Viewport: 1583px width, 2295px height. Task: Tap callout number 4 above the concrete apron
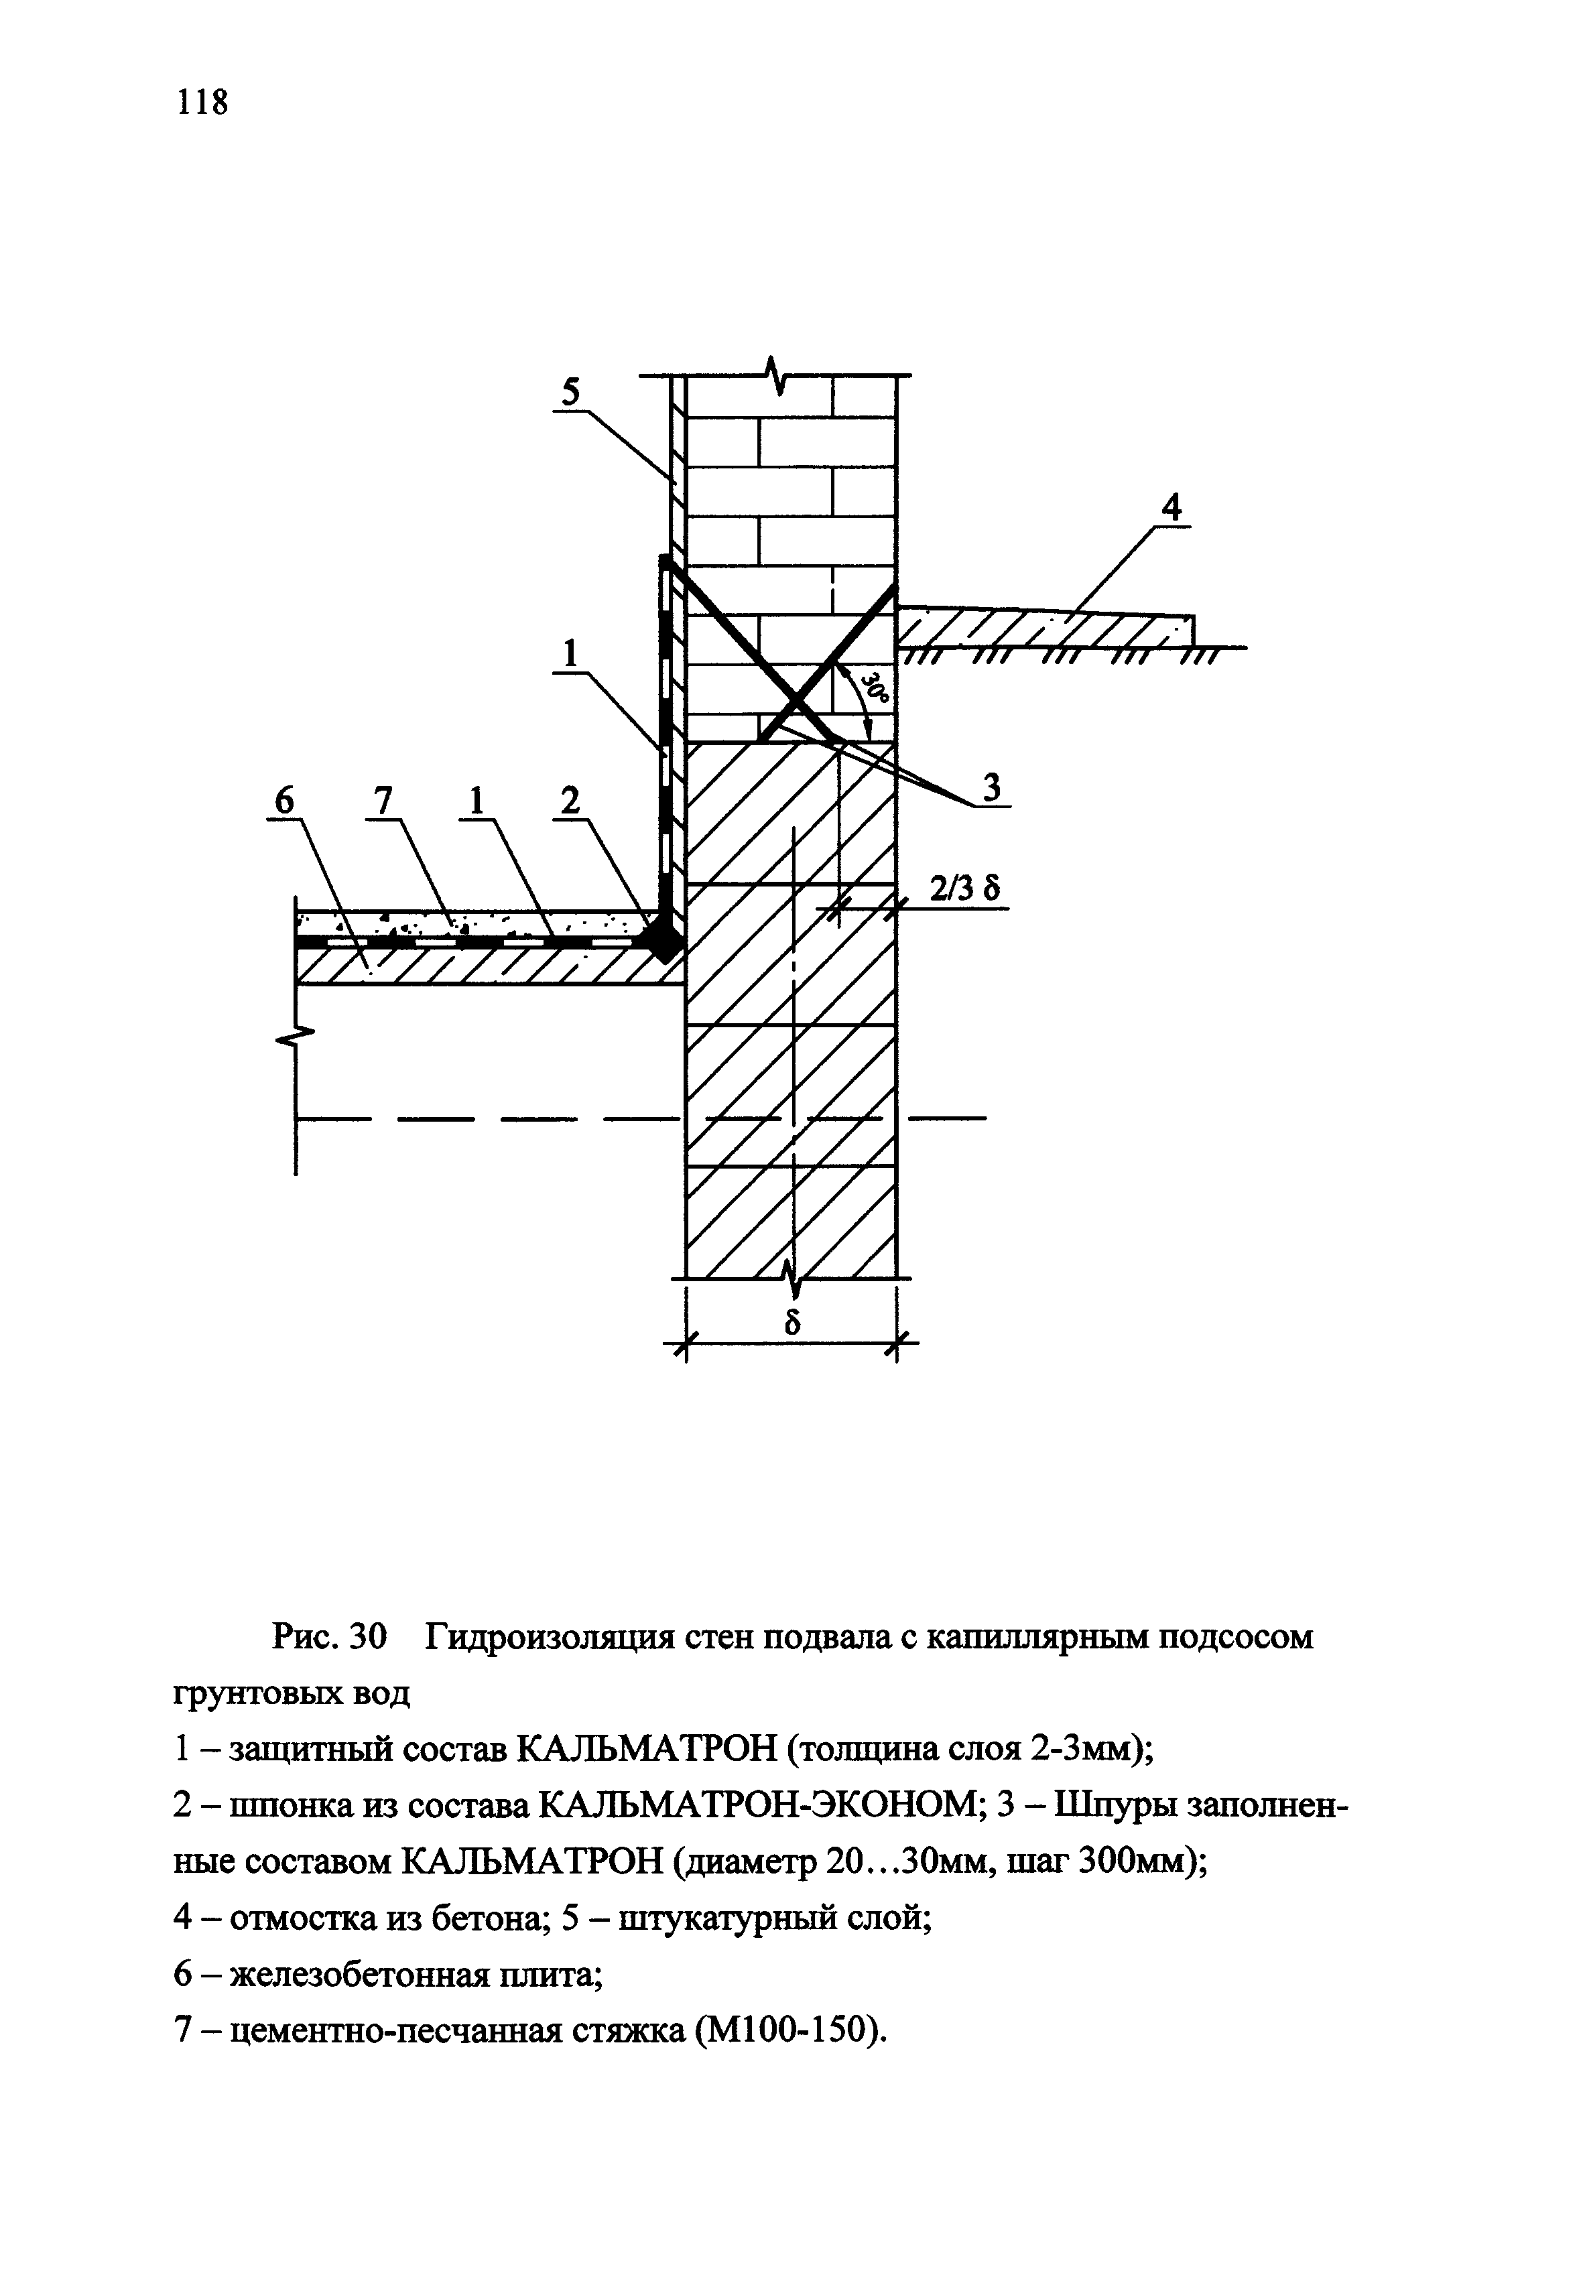click(x=1172, y=509)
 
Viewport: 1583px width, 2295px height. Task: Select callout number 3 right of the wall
click(x=991, y=789)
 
